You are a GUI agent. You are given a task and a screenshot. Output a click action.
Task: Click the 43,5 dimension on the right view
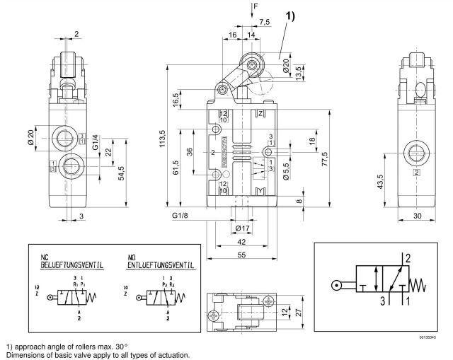point(381,181)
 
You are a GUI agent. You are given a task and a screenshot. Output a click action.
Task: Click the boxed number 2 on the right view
point(417,172)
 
